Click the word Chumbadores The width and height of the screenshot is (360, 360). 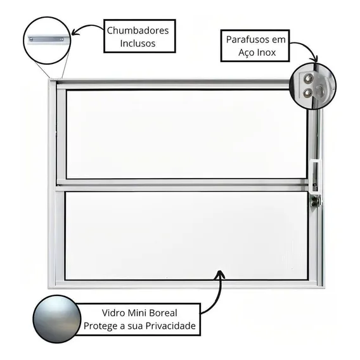coord(138,30)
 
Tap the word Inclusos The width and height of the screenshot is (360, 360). coord(138,43)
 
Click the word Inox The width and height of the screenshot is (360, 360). coord(266,53)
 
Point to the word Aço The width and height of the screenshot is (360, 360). coord(246,53)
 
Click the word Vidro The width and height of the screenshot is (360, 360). coord(113,312)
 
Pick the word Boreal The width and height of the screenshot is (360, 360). coord(163,312)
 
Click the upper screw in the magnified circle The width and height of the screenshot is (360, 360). coord(308,79)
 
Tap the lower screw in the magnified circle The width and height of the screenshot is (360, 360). coord(307,93)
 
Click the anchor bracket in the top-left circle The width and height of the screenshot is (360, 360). coord(46,39)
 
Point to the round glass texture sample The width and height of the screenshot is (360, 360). coord(57,319)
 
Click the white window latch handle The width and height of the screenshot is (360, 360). coord(315,176)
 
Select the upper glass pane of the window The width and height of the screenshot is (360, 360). coord(187,134)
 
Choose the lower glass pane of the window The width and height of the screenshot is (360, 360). coord(186,236)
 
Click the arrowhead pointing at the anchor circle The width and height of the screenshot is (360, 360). coord(75,32)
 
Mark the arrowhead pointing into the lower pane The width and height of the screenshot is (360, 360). coord(219,274)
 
